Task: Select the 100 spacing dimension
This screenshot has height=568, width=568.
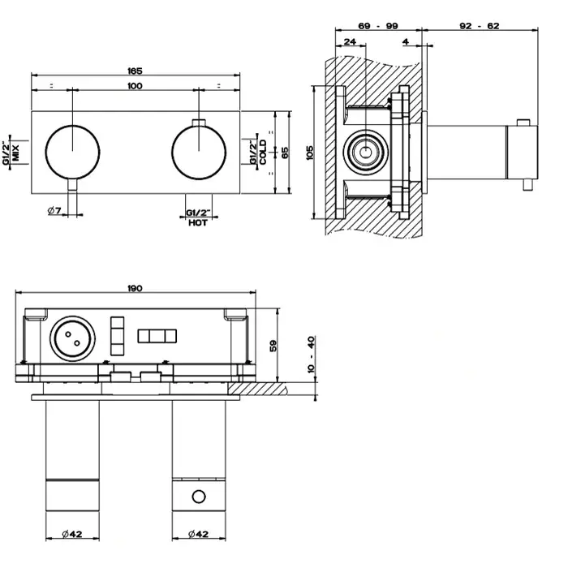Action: (x=135, y=86)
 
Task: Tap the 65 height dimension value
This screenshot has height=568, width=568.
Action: (x=285, y=153)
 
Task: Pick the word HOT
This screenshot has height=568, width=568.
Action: (x=198, y=222)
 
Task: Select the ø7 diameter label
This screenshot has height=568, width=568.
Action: (x=55, y=211)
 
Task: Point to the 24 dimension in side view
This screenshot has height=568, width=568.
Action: (x=350, y=41)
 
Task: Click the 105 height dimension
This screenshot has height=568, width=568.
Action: (x=309, y=153)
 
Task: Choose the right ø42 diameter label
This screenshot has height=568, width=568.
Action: (x=198, y=535)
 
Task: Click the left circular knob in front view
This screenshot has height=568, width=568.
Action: (x=71, y=153)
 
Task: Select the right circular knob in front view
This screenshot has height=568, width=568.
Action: (x=198, y=153)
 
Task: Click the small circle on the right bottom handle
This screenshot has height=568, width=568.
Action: (x=198, y=496)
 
